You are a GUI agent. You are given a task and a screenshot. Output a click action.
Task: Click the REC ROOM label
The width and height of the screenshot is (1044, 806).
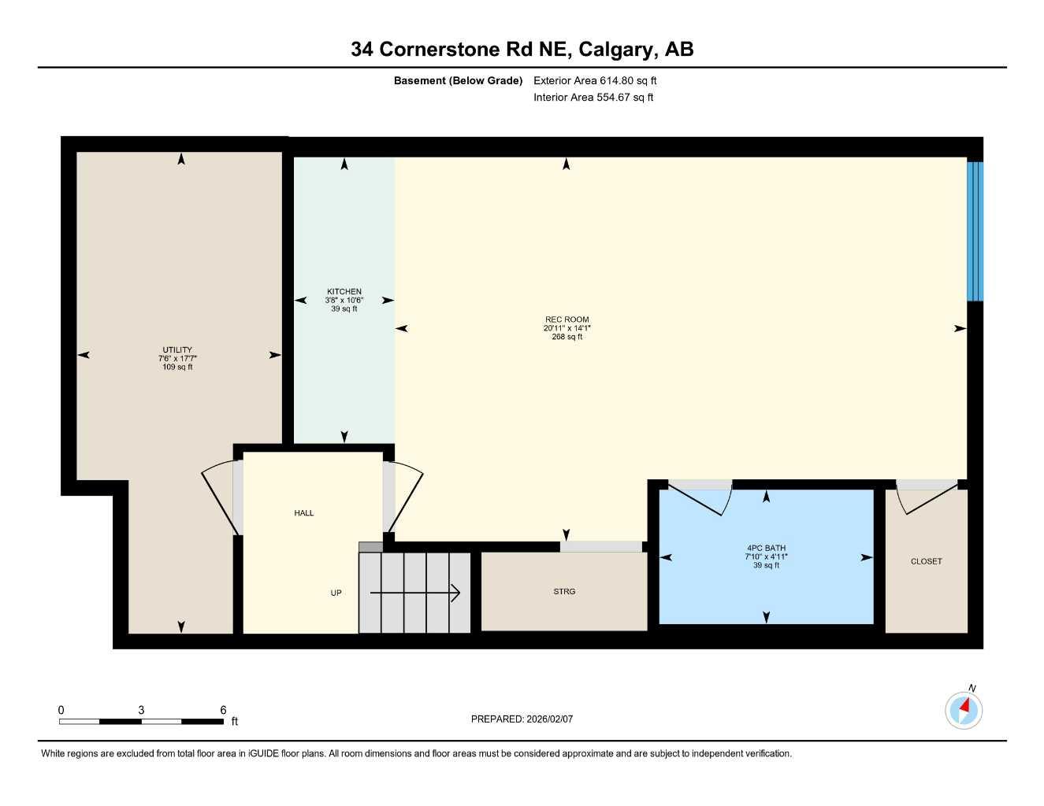click(x=567, y=320)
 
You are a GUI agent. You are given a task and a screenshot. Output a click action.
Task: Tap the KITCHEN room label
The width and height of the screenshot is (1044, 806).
click(x=344, y=291)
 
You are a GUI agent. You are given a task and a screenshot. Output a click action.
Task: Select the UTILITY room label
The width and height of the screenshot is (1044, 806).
click(x=177, y=350)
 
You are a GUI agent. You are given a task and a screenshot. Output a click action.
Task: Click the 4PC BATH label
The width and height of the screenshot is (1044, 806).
click(x=766, y=549)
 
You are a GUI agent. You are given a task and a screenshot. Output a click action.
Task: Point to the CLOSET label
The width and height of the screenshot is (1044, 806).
click(x=926, y=561)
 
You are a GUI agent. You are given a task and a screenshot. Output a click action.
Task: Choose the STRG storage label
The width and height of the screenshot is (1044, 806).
click(x=564, y=591)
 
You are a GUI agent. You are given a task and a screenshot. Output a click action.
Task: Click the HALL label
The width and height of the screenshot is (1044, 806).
click(x=303, y=513)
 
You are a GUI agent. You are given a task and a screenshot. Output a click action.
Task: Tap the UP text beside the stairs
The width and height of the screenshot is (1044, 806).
click(x=336, y=593)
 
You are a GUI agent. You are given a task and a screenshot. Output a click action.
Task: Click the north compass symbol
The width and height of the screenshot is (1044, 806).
click(x=964, y=709)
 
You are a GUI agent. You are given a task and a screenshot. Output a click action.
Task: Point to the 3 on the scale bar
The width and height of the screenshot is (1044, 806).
click(x=141, y=710)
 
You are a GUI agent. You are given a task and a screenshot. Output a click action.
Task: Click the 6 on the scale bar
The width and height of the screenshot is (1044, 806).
click(x=223, y=710)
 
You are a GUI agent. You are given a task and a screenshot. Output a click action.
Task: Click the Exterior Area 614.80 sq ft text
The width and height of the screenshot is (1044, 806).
click(x=595, y=80)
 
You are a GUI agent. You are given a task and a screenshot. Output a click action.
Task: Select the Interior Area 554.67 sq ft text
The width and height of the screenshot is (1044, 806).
click(x=593, y=98)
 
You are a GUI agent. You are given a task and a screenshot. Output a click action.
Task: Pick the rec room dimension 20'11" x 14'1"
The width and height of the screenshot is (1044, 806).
click(x=567, y=328)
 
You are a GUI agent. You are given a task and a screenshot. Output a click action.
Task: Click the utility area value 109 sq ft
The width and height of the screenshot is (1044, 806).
click(x=177, y=368)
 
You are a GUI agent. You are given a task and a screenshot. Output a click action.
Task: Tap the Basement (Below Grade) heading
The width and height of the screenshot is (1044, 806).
click(x=458, y=80)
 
